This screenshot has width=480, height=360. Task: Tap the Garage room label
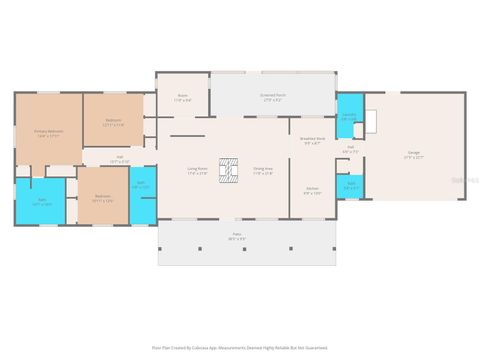(413, 156)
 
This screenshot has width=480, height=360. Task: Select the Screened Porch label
(271, 98)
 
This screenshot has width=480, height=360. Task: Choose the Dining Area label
(263, 171)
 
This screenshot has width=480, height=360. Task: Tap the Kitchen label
(312, 190)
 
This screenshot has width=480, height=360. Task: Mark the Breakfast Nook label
(312, 142)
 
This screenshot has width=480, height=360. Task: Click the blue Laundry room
(348, 117)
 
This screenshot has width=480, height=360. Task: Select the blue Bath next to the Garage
(351, 185)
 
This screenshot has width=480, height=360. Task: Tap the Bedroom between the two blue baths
(102, 198)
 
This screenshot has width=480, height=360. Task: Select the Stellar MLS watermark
(464, 180)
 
